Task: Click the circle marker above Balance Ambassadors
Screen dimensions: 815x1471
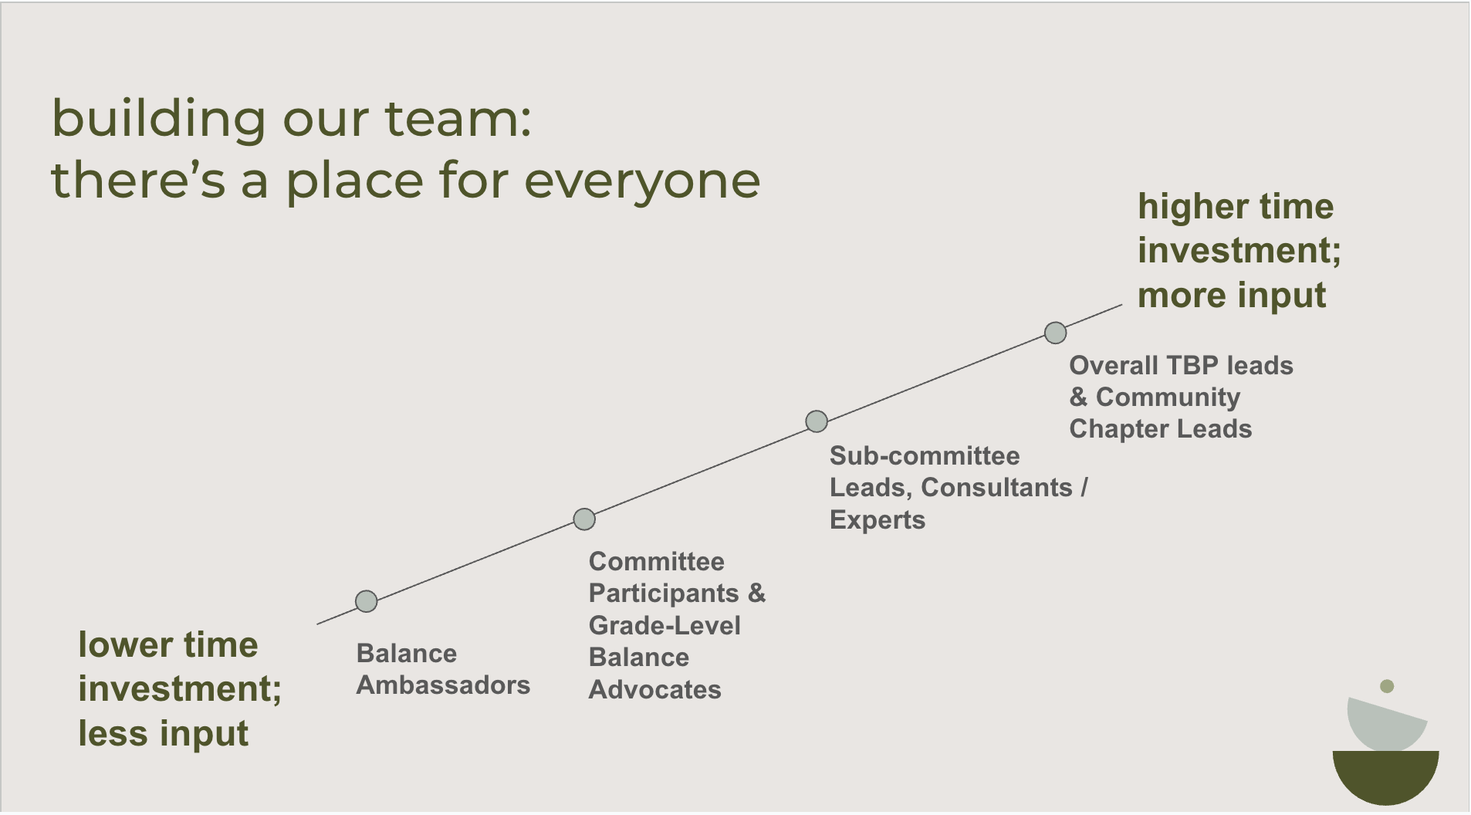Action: (366, 601)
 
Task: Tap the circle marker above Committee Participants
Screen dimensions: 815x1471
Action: (584, 519)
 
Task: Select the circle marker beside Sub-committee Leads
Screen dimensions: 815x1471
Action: (816, 421)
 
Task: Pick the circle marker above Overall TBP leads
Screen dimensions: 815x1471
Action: (1055, 333)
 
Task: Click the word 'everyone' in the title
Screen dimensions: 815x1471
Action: (642, 181)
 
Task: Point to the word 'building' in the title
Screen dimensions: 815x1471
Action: (158, 119)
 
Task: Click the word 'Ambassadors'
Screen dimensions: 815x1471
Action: (443, 685)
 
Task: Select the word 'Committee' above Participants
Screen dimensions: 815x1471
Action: (656, 562)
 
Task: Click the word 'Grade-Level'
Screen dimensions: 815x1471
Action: (664, 625)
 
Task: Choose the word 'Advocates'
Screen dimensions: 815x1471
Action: (654, 689)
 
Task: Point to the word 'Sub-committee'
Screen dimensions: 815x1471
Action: (924, 456)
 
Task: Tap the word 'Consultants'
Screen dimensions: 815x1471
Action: (996, 488)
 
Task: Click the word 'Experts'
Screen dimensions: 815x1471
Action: (877, 520)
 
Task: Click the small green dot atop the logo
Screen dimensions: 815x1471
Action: (1386, 686)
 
